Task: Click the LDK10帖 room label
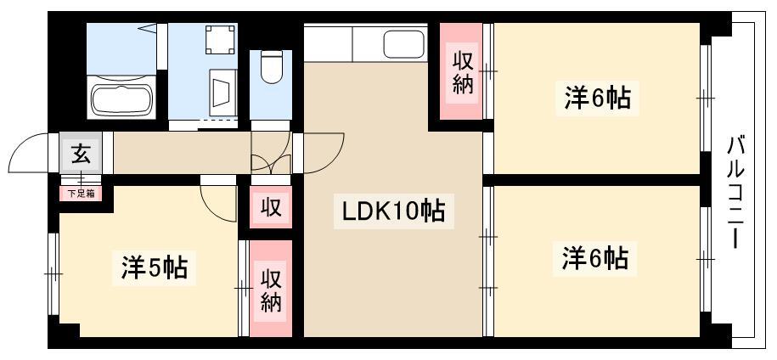click(x=394, y=211)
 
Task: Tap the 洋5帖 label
click(x=154, y=268)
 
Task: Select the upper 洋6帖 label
click(x=598, y=98)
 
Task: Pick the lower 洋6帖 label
click(x=595, y=257)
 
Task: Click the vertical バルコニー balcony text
click(x=736, y=193)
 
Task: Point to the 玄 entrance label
click(x=81, y=154)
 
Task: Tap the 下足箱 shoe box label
click(x=81, y=194)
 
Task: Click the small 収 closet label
click(x=271, y=208)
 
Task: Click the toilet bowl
click(x=271, y=67)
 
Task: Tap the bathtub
click(x=122, y=98)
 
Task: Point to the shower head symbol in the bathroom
click(x=147, y=29)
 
